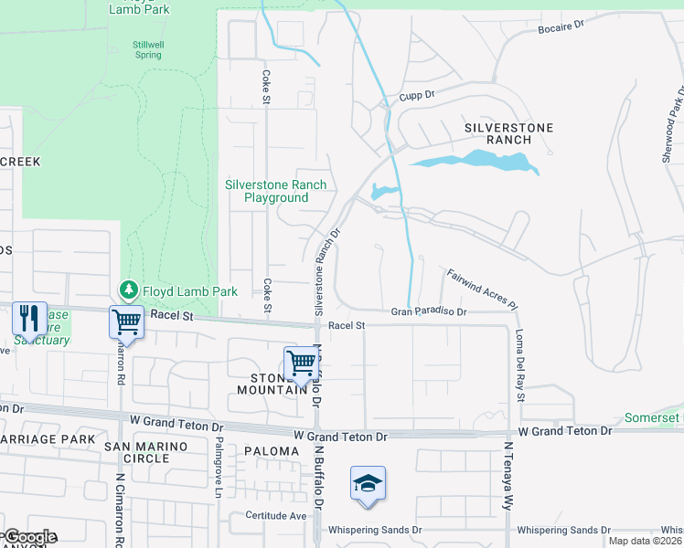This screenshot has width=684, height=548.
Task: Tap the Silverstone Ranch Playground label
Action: (x=275, y=191)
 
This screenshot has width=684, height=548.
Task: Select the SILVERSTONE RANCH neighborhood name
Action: (x=497, y=133)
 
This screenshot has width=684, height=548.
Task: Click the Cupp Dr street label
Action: (x=415, y=95)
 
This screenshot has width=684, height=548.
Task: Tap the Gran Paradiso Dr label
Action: (x=429, y=311)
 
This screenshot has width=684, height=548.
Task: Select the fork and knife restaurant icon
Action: (x=28, y=319)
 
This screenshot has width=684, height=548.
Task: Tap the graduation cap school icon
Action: (x=367, y=483)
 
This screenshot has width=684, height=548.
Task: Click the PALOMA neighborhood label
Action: (x=272, y=451)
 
